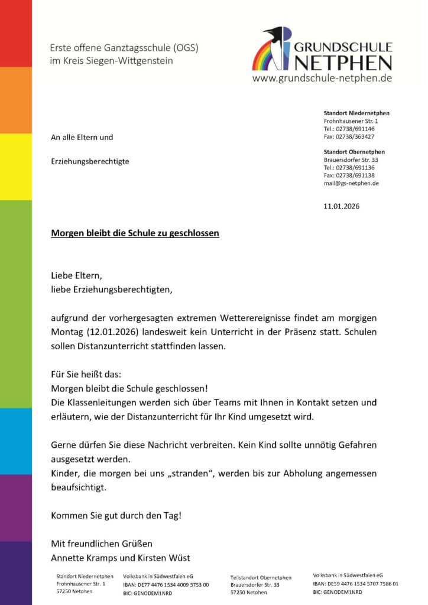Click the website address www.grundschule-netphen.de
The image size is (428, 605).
(x=322, y=78)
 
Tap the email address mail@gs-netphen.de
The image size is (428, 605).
(x=351, y=183)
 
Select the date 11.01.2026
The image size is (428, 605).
(x=341, y=207)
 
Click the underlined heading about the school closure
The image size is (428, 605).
(x=135, y=233)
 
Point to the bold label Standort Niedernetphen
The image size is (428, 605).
(x=356, y=113)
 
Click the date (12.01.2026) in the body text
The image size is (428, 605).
(x=109, y=333)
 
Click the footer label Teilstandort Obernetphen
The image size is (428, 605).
(x=261, y=577)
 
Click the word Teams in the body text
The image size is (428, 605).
(x=179, y=403)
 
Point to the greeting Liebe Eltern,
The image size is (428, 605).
(x=76, y=275)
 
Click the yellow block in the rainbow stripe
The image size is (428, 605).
(x=16, y=167)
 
